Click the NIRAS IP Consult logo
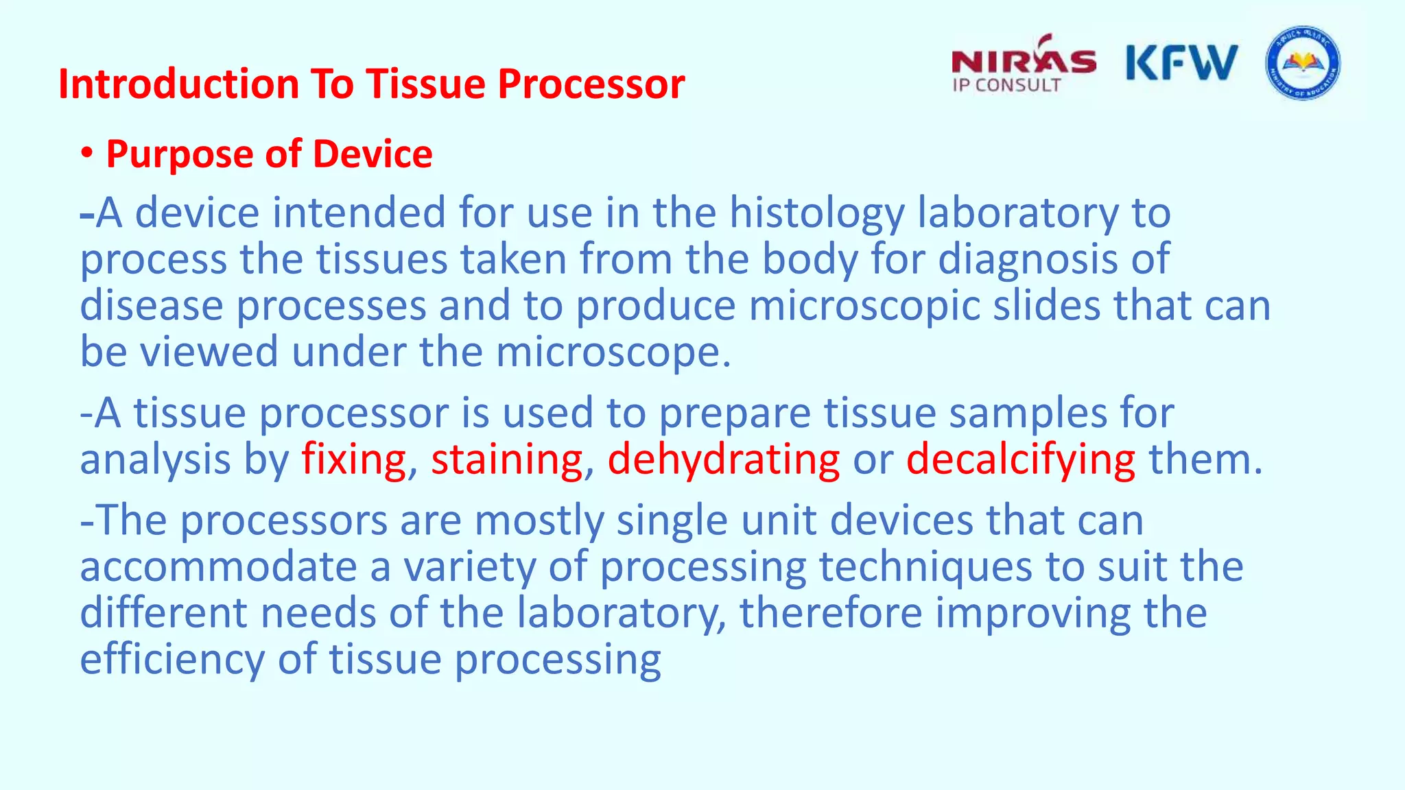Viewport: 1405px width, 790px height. click(x=1023, y=65)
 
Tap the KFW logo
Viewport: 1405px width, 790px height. click(x=1181, y=63)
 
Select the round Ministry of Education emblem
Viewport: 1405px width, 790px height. click(x=1303, y=64)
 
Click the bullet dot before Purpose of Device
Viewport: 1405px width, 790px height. click(x=86, y=154)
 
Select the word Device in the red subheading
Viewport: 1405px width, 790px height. click(x=373, y=154)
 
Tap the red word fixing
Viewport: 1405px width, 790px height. click(x=353, y=459)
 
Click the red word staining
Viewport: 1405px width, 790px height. click(x=506, y=459)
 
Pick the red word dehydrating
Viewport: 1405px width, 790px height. click(x=723, y=459)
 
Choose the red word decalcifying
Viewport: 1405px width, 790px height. click(x=1020, y=459)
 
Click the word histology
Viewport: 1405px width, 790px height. click(x=816, y=214)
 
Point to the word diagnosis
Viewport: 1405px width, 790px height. click(x=1028, y=260)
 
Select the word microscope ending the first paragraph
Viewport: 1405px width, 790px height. click(x=609, y=352)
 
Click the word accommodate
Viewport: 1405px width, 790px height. click(x=218, y=568)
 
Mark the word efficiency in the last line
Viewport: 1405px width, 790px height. click(x=172, y=660)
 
